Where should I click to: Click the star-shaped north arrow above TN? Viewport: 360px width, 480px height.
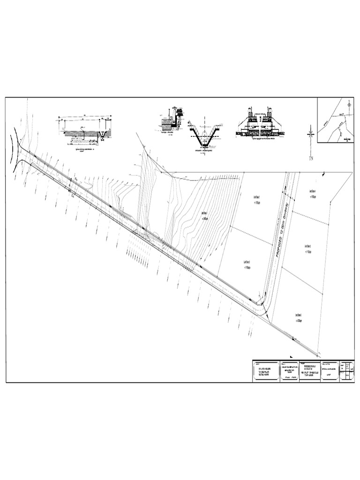click(x=310, y=134)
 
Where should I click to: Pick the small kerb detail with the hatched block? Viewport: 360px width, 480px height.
click(x=171, y=120)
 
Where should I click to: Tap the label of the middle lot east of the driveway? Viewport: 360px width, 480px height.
click(x=307, y=247)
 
